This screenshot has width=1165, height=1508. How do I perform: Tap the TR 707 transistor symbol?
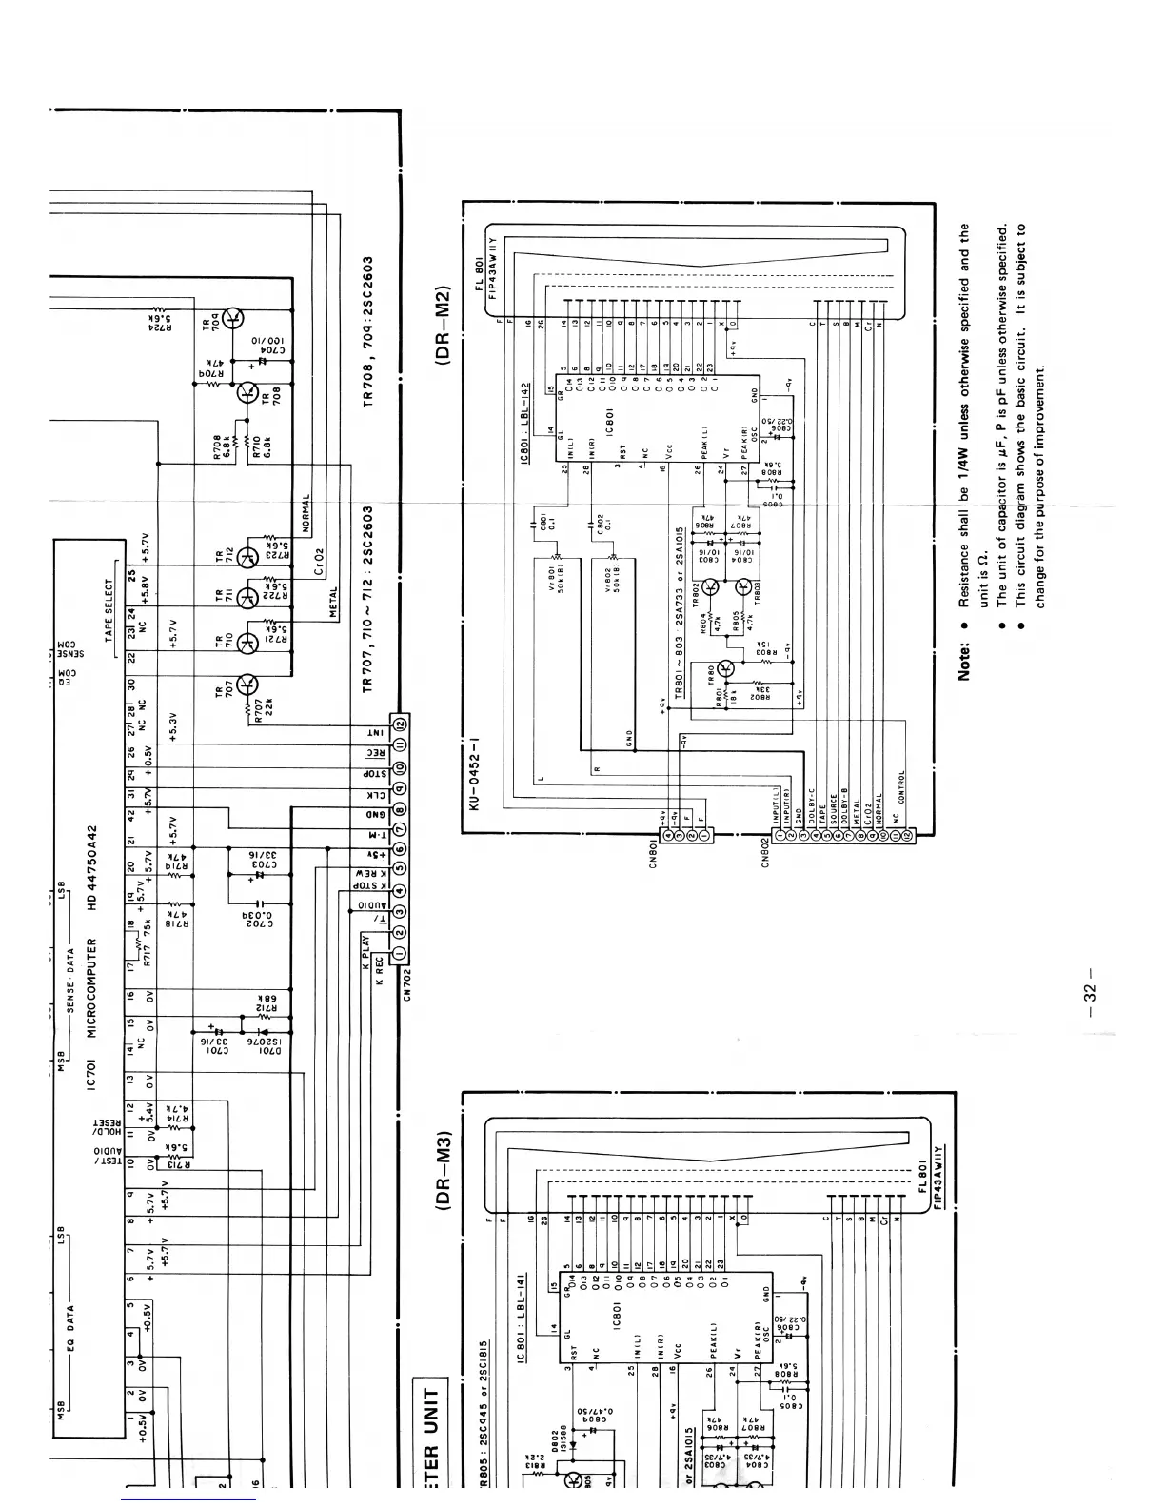247,684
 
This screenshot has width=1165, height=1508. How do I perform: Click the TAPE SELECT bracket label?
110,609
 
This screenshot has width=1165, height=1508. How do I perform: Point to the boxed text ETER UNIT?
429,1428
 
